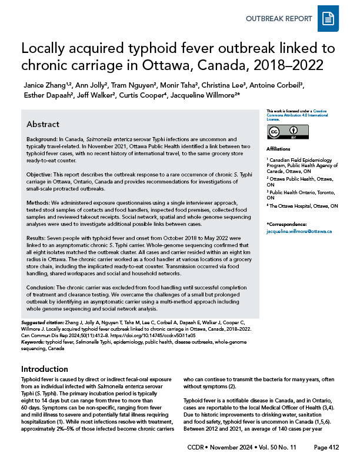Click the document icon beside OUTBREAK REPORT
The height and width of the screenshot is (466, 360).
tap(327, 19)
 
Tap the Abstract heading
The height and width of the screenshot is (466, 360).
tap(43, 125)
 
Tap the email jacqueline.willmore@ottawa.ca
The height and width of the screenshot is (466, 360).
tap(299, 231)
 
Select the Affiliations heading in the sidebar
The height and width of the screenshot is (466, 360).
tap(279, 149)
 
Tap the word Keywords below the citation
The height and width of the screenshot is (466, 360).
tap(33, 341)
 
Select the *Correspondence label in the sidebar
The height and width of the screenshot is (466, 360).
tap(288, 225)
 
